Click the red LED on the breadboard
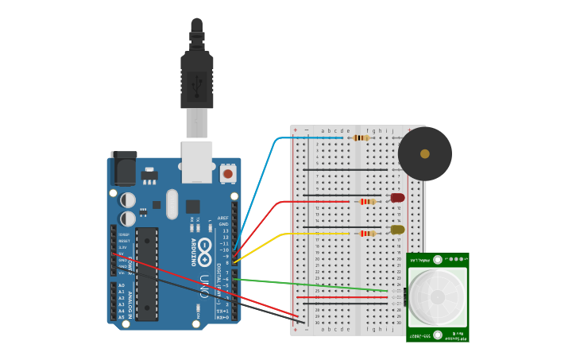click(x=397, y=198)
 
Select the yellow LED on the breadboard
click(x=397, y=230)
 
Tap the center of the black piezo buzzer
click(x=425, y=153)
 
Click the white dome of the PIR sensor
click(x=437, y=297)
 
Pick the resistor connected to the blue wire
click(x=361, y=137)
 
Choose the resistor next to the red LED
click(x=366, y=202)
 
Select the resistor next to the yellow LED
click(x=366, y=234)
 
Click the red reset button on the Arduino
click(x=228, y=173)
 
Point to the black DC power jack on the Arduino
click(x=124, y=168)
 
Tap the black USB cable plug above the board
click(x=197, y=79)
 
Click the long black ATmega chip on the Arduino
click(x=147, y=274)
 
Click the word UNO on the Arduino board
click(x=204, y=287)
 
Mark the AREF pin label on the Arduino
click(x=223, y=218)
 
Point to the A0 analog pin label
click(x=122, y=285)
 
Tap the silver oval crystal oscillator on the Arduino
click(x=172, y=204)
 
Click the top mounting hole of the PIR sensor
click(x=437, y=260)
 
